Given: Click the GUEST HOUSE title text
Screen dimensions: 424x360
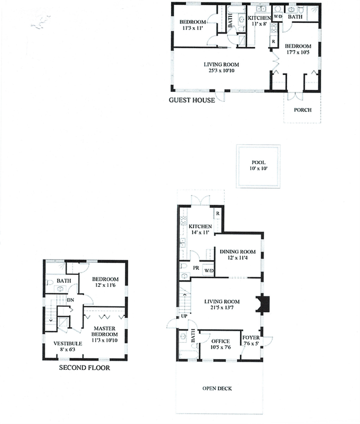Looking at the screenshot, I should click(192, 100).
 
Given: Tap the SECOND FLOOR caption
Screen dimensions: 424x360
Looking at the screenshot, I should click(84, 368).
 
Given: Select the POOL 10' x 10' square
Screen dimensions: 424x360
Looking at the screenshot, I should click(258, 166).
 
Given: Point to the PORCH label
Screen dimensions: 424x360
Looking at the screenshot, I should click(302, 110).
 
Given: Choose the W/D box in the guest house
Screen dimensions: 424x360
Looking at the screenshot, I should click(278, 17).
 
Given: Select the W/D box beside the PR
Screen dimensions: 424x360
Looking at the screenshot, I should click(209, 270).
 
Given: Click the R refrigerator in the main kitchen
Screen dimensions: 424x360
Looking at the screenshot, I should click(217, 213).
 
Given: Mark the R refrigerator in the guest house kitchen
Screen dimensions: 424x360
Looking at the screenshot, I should click(272, 41).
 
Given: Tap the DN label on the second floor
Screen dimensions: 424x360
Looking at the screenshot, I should click(70, 300).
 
